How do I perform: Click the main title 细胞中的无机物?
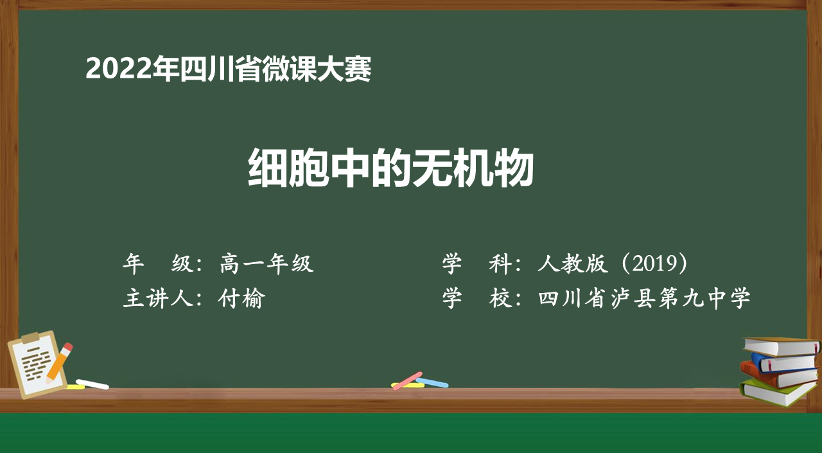(390, 168)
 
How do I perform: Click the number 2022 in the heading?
(119, 69)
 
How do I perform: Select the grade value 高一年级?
(267, 263)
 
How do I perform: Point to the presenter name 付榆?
(241, 298)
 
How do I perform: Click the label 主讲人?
(158, 298)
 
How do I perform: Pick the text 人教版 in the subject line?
(572, 263)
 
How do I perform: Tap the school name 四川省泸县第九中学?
(644, 298)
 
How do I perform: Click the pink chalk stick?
(407, 380)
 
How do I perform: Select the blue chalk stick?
(432, 382)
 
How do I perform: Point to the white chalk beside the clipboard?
(92, 384)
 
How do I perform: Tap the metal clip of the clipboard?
(35, 337)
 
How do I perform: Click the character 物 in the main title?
(513, 168)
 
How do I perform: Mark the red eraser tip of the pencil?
(68, 347)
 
